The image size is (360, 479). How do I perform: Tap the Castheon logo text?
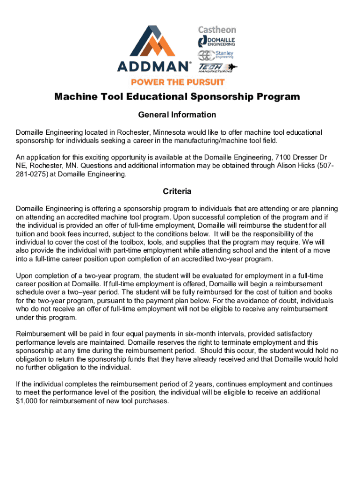tap(217, 30)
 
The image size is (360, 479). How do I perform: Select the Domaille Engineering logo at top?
tap(217, 41)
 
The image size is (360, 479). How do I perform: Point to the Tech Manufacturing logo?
tap(218, 68)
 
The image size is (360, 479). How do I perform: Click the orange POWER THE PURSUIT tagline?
tap(178, 82)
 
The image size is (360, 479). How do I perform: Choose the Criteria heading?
tap(177, 191)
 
